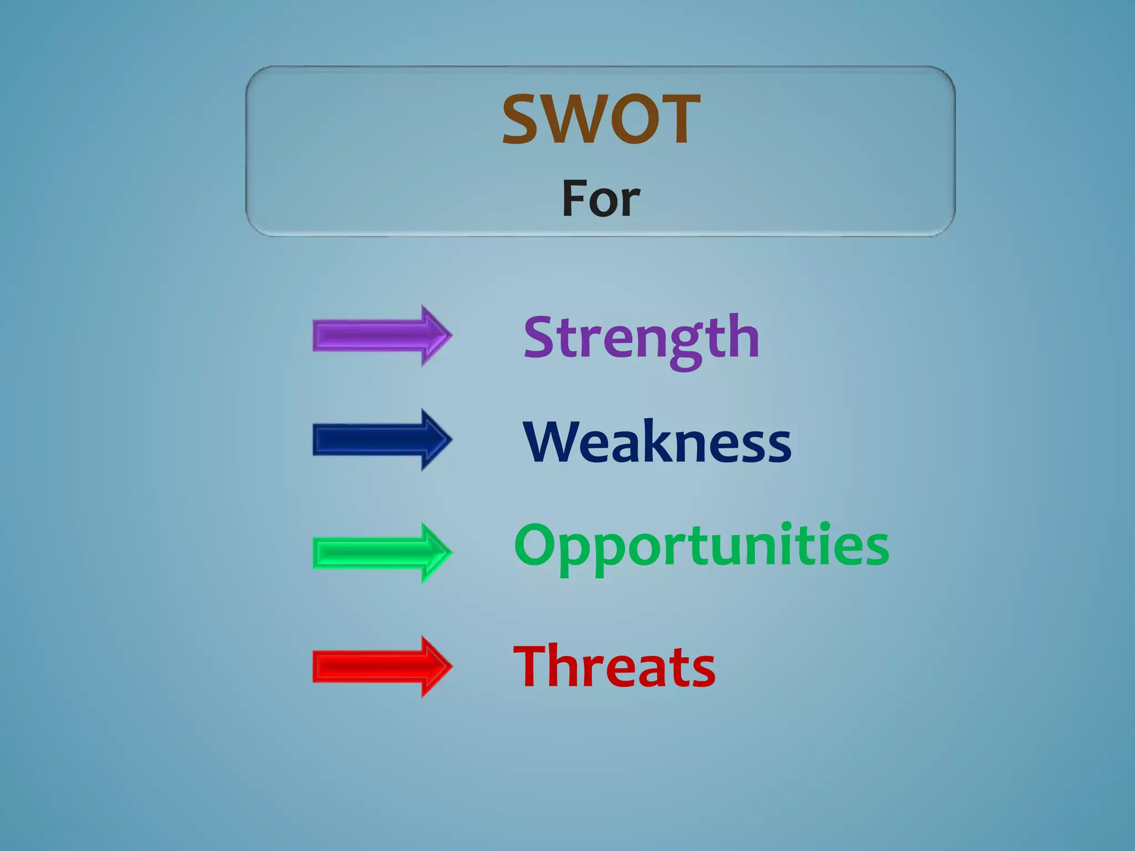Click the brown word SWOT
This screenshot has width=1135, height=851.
coord(601,119)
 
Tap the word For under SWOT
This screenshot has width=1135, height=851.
coord(601,198)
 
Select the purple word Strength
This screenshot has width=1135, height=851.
coord(641,337)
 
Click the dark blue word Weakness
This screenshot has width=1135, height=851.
coord(657,442)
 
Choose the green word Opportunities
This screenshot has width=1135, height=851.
coord(702,546)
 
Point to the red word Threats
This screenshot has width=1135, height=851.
coord(615,667)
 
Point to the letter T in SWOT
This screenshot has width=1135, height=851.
coord(679,119)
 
